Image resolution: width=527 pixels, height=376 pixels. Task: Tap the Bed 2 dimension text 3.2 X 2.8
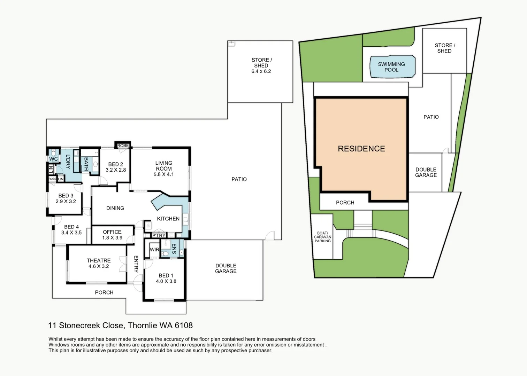point(116,170)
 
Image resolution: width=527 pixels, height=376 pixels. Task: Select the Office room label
point(112,232)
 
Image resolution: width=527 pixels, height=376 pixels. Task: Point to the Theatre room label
point(99,260)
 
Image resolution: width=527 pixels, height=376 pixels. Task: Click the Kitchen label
point(168,219)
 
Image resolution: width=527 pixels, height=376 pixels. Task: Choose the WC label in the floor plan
point(53,159)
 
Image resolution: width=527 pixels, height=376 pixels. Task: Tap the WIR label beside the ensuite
point(154,250)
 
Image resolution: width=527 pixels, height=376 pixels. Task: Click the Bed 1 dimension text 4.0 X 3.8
point(166,281)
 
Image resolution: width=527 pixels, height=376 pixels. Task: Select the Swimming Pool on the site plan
point(392,67)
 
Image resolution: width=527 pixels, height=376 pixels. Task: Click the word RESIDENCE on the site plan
point(361,149)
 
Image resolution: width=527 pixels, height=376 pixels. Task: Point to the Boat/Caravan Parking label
point(322,237)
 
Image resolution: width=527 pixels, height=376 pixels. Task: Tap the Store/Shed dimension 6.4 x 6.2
point(261,71)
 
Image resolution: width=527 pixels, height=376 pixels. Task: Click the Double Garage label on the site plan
point(426,172)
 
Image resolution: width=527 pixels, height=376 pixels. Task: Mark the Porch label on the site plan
point(345,203)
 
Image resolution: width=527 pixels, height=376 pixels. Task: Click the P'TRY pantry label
point(159,236)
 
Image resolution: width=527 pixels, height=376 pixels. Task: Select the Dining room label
point(115,208)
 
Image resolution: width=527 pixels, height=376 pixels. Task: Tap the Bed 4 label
point(71,227)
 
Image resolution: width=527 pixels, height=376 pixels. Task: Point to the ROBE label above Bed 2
point(123,146)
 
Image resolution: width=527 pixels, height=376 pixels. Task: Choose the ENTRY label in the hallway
point(136,264)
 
